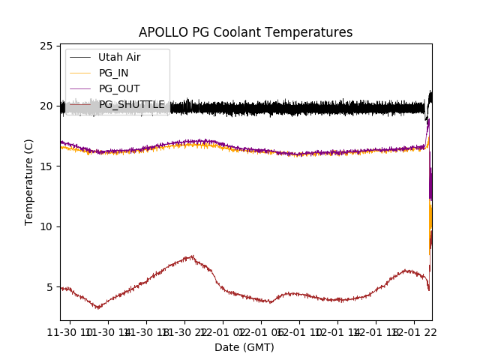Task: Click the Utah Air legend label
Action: (x=119, y=57)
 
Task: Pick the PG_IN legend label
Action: (x=113, y=73)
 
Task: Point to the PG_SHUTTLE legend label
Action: (x=132, y=104)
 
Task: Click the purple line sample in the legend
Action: (x=79, y=88)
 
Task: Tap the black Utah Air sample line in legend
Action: (x=79, y=57)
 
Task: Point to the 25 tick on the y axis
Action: (x=46, y=46)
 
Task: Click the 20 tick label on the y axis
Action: (x=46, y=106)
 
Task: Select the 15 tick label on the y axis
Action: (x=46, y=166)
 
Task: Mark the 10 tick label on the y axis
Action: (x=46, y=226)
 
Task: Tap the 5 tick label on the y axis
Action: (x=49, y=286)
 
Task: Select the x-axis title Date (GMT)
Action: (x=244, y=347)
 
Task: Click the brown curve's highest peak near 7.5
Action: (x=192, y=256)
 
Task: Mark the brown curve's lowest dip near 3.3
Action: (x=97, y=307)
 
